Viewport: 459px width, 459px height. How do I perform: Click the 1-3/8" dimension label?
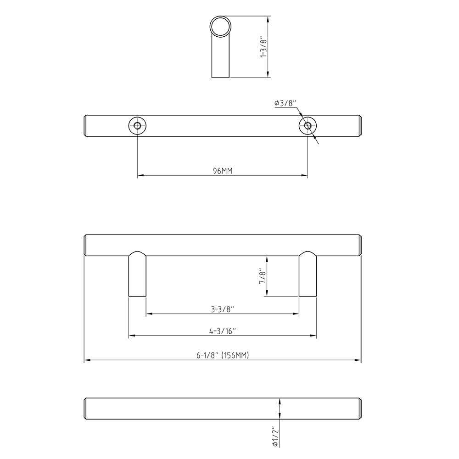(x=263, y=47)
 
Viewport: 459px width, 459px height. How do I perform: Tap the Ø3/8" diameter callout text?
(x=286, y=103)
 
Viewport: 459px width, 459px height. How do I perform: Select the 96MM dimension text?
(x=223, y=171)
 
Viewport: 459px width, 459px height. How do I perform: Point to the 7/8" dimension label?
(x=263, y=276)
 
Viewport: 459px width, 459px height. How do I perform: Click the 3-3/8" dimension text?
(x=223, y=309)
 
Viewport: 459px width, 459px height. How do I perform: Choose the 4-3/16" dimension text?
(x=223, y=331)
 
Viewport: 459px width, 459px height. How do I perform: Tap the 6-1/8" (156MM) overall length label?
(x=223, y=355)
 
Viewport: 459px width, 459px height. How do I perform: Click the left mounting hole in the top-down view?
(x=137, y=126)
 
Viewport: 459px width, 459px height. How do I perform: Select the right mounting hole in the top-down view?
(x=308, y=126)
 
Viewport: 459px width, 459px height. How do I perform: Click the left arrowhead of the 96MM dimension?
(x=140, y=175)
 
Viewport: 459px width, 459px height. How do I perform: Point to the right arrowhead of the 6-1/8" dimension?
(x=358, y=360)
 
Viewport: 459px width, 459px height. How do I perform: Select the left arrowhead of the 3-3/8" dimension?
(x=149, y=314)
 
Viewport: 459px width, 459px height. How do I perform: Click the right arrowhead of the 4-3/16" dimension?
(x=313, y=336)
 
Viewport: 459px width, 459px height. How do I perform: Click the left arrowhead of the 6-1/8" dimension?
(x=87, y=360)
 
